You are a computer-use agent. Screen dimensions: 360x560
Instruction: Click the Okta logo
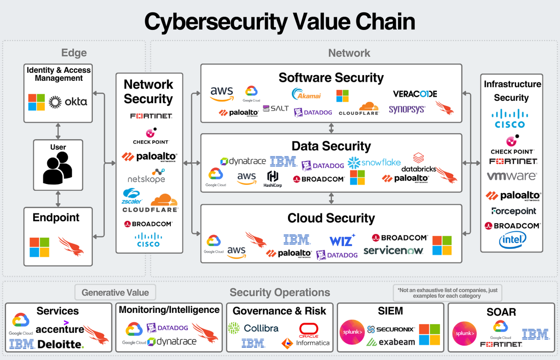69,101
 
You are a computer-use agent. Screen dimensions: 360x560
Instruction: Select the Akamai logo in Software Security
306,94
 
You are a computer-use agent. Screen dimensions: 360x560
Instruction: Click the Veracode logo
415,94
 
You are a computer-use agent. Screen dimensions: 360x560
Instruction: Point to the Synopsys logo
407,109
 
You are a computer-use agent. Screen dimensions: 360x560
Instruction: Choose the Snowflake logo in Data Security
374,162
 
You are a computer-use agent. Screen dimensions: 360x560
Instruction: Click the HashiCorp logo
273,179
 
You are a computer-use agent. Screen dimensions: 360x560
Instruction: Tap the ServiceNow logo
393,251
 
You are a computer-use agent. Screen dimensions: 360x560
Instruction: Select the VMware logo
512,176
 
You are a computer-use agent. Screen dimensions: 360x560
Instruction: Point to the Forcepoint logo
513,211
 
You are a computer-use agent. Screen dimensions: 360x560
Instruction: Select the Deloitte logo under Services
61,345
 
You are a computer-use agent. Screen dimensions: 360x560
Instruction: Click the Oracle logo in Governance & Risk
308,330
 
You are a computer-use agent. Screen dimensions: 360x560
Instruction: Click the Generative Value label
115,293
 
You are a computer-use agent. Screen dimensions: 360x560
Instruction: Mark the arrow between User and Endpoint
58,198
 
